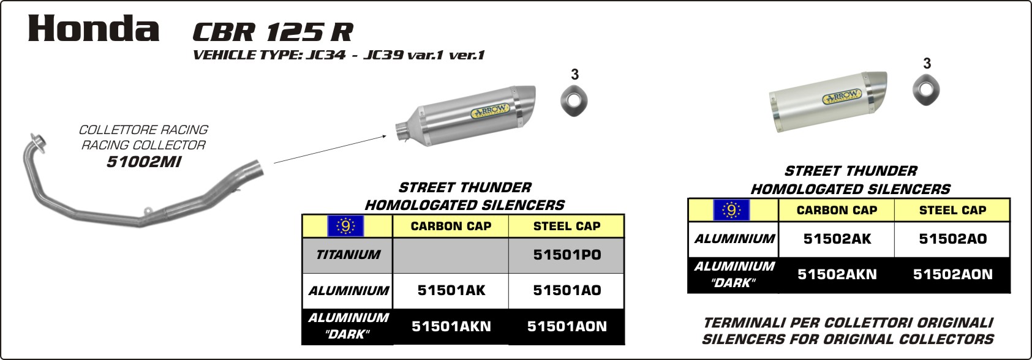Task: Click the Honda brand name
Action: click(94, 29)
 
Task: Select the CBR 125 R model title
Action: click(273, 32)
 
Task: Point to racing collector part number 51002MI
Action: click(144, 162)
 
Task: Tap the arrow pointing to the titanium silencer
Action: click(330, 149)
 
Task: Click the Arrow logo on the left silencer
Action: click(490, 110)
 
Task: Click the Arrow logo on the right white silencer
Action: click(842, 96)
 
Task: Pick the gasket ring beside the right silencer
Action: click(926, 89)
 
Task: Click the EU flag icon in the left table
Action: click(345, 226)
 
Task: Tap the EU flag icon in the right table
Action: click(731, 211)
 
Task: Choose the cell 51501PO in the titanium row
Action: click(567, 255)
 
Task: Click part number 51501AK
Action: click(451, 290)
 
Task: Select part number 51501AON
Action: click(567, 326)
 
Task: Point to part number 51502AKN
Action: click(837, 274)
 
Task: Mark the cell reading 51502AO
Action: click(953, 239)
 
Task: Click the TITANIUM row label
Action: click(348, 255)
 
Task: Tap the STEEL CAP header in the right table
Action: click(953, 211)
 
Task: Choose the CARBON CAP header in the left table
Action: click(451, 226)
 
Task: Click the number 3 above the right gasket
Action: click(927, 64)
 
